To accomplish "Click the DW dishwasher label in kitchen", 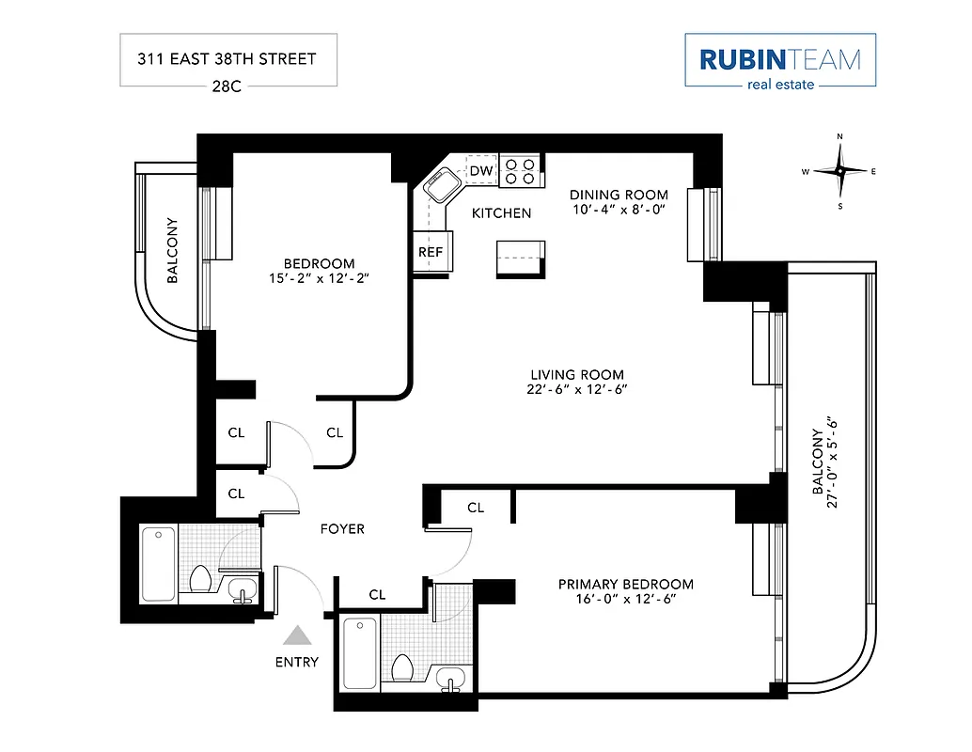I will coord(481,171).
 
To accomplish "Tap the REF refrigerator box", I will coord(431,252).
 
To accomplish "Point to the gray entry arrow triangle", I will coord(298,636).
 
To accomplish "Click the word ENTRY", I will coord(297,662).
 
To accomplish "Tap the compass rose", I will coord(839,171).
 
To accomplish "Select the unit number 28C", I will coord(228,86).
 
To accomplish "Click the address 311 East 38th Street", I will coord(227,58).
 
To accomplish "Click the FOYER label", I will coord(342,529).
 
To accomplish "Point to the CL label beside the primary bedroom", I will coord(476,508).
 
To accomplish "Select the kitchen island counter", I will coord(520,258).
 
